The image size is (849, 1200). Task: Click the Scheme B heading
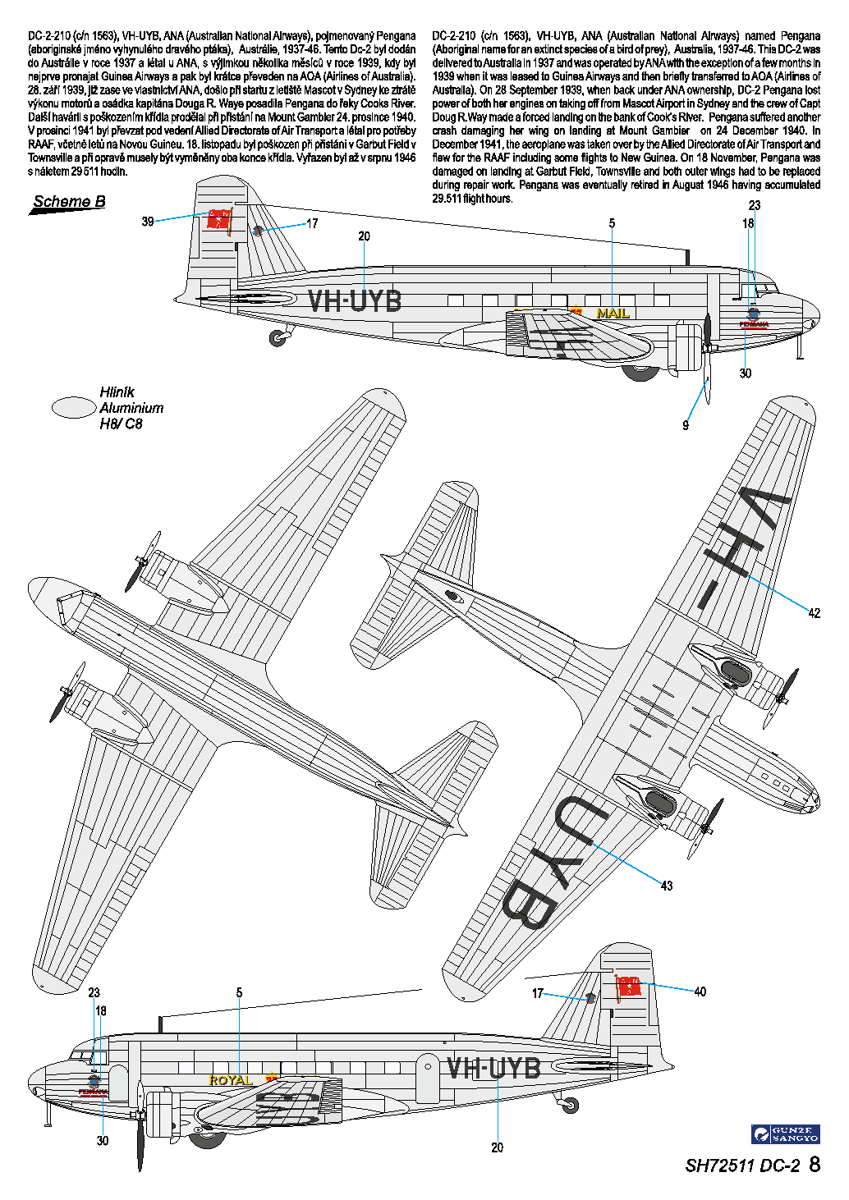point(69,202)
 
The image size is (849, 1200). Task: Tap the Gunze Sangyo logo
point(786,1134)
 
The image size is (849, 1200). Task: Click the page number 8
point(815,1165)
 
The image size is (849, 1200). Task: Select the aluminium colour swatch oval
point(74,407)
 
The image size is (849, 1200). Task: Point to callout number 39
point(148,222)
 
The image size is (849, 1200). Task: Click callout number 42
point(814,613)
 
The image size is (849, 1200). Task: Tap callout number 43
point(667,886)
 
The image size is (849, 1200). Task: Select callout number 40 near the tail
point(700,992)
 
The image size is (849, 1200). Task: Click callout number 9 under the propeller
point(686,425)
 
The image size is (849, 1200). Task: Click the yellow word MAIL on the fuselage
point(613,313)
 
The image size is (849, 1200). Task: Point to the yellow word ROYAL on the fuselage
point(231,1080)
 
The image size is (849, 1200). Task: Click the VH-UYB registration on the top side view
point(355,301)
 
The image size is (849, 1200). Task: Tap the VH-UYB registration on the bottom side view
point(493,1068)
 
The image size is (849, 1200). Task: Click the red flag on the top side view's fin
point(219,220)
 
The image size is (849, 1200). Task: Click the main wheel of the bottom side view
point(206,1137)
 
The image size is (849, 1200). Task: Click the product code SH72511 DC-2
point(741,1166)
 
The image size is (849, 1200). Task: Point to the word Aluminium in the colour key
point(131,408)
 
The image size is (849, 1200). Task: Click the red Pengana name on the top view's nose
point(754,324)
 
